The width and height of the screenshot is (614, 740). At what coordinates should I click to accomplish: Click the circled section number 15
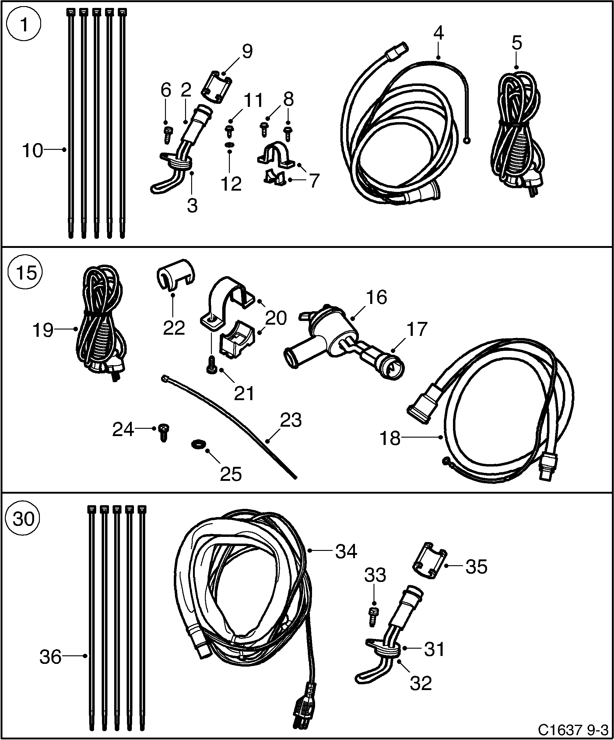coord(25,273)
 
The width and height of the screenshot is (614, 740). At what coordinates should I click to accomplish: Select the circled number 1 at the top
coord(24,25)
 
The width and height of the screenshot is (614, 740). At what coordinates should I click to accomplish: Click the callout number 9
coord(247,51)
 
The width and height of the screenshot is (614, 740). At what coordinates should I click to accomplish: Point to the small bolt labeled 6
coord(167,134)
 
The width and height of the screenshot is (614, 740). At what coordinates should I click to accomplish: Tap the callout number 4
coord(438,33)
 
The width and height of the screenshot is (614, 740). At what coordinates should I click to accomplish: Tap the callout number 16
coord(377,297)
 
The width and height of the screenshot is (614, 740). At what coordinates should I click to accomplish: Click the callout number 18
coord(390,439)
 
